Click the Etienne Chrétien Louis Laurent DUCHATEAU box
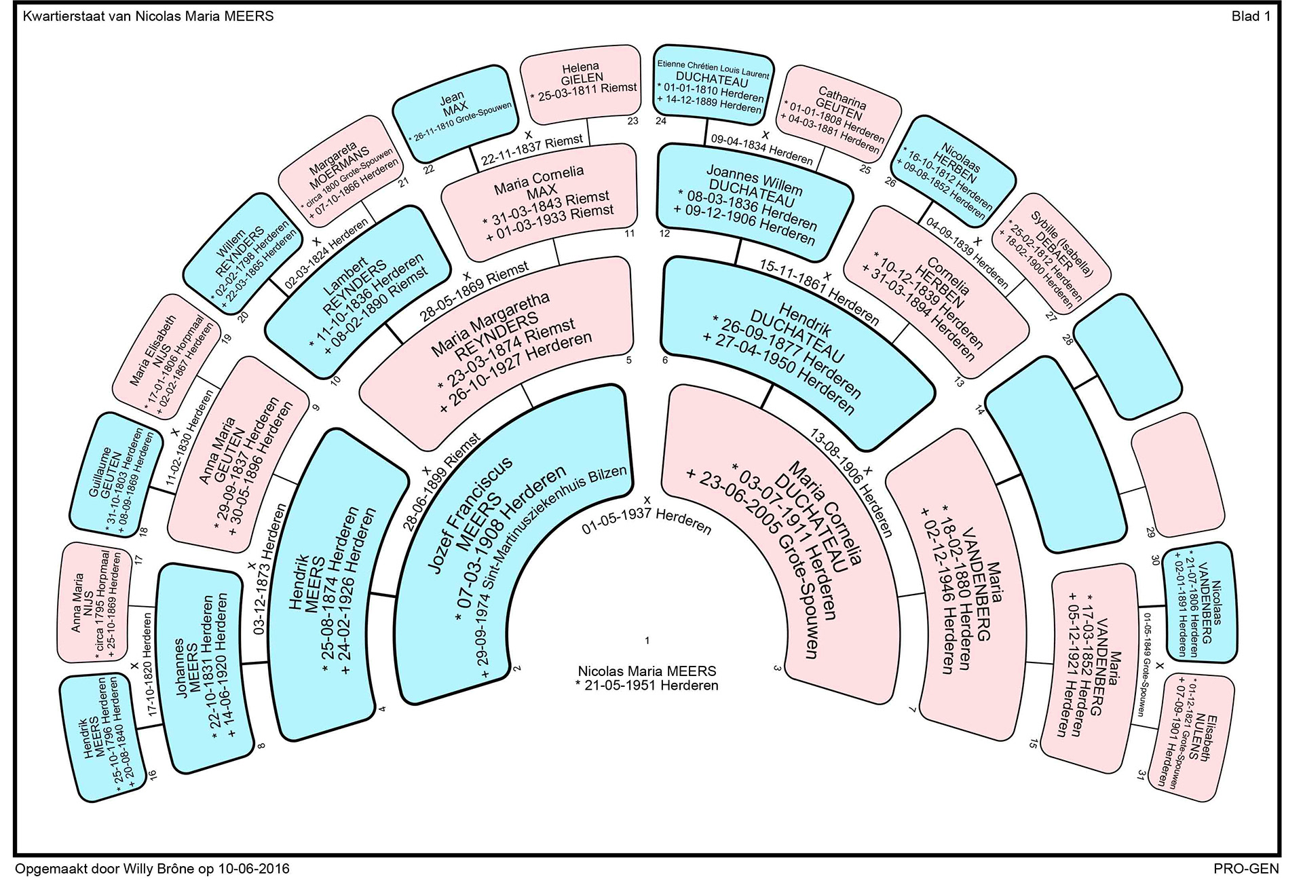[713, 85]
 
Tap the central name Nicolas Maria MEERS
[647, 671]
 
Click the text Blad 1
[1250, 16]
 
